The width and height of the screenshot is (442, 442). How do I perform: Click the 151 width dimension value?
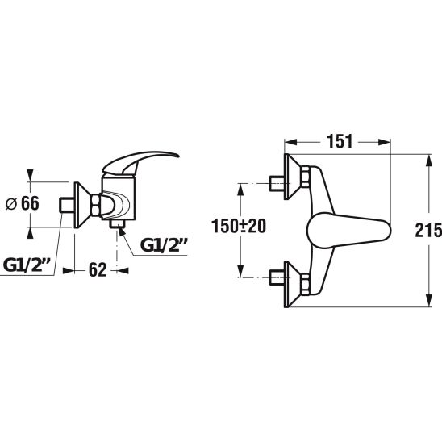point(340,141)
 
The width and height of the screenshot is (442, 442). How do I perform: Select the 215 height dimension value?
point(428,230)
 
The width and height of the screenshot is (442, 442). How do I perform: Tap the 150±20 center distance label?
point(239,226)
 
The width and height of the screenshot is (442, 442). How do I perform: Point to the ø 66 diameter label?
point(23,203)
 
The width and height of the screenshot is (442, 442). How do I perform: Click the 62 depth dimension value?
point(98,269)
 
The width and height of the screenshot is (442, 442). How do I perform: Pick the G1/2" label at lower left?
point(27,265)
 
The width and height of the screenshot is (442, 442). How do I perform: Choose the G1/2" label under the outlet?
point(164,245)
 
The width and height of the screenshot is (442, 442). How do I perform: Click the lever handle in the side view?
point(140,162)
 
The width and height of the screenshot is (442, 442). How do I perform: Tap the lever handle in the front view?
point(349,231)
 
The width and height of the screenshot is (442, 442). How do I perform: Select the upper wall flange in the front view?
point(293,177)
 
